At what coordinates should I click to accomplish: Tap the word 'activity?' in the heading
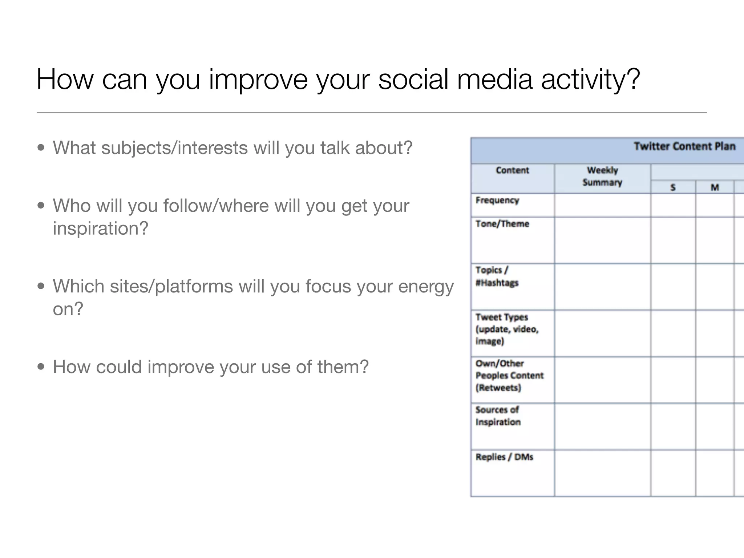[590, 80]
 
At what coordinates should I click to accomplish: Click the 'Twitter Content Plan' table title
[684, 146]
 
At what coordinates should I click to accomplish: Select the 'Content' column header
[512, 170]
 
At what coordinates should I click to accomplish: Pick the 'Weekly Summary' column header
[602, 176]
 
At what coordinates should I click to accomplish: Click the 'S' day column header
[673, 187]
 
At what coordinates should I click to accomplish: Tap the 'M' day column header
[715, 187]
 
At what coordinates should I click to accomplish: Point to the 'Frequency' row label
[497, 201]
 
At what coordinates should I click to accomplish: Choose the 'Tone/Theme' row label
[502, 224]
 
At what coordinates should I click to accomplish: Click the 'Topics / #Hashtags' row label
[497, 276]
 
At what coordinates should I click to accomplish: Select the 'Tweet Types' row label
[502, 317]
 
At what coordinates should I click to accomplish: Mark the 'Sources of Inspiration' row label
[498, 416]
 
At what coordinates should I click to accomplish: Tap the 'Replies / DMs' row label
[504, 457]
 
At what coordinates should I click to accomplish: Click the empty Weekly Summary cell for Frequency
[602, 205]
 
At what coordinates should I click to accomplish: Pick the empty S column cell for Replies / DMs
[673, 473]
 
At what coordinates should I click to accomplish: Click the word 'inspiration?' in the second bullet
[101, 229]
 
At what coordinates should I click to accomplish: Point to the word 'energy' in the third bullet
[426, 287]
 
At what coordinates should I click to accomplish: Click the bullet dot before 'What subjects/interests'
[41, 148]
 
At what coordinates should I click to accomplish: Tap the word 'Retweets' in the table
[498, 388]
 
